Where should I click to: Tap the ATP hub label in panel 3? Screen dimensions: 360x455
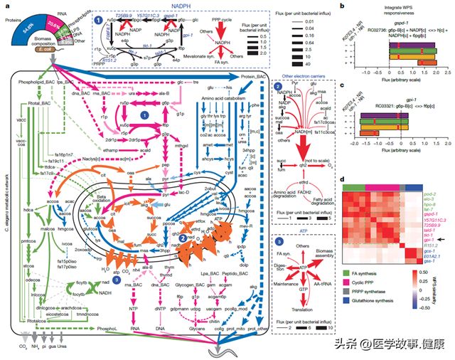point(301,267)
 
